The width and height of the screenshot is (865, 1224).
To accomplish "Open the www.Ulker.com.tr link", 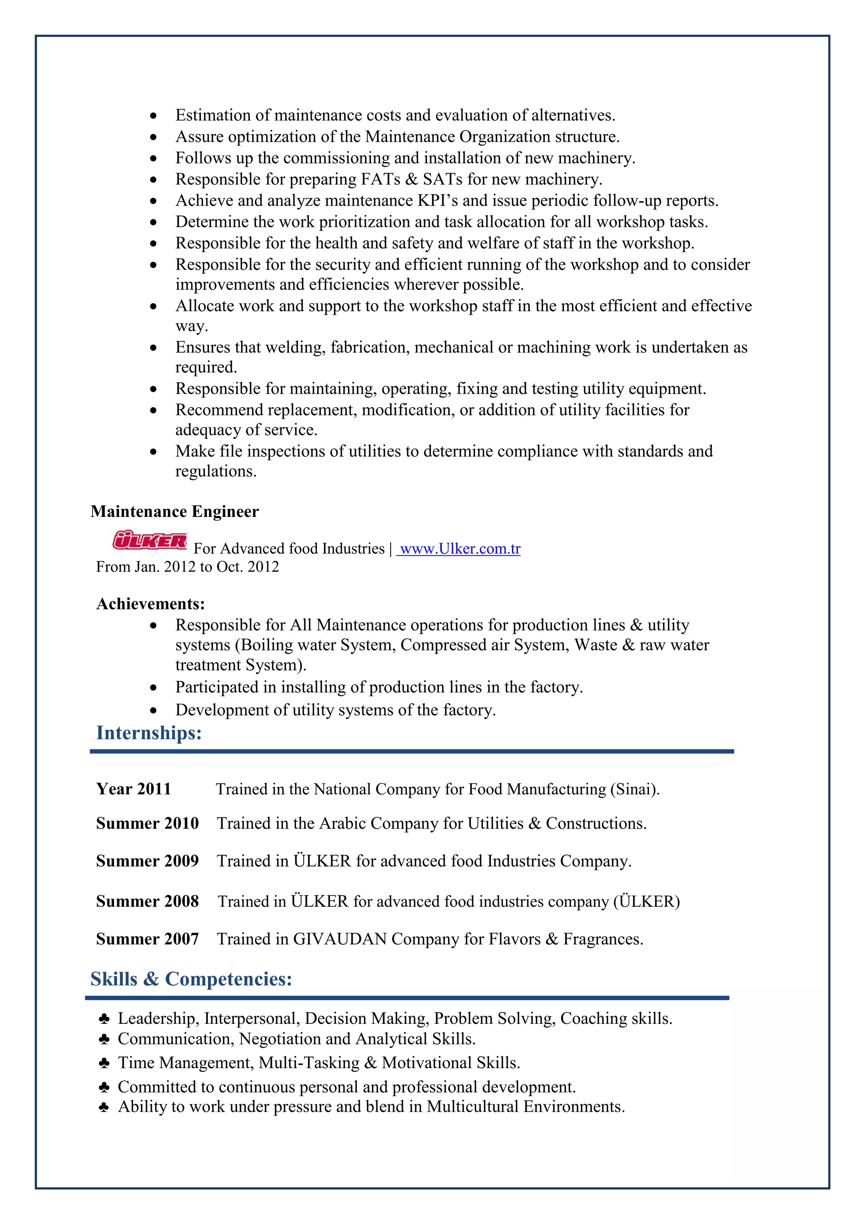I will [x=460, y=549].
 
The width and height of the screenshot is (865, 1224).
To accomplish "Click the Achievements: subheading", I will [x=150, y=604].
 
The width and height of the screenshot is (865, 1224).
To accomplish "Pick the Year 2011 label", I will [x=133, y=789].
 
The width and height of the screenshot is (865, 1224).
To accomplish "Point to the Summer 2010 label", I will [x=147, y=823].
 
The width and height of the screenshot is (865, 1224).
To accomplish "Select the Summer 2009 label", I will [x=147, y=860].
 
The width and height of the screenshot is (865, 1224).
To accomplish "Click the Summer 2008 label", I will [x=147, y=901].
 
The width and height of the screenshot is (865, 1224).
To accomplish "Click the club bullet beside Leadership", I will [x=104, y=1019].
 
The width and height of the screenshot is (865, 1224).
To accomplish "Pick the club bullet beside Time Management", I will [x=104, y=1063].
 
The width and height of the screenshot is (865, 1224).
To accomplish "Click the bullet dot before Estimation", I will [x=153, y=116].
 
